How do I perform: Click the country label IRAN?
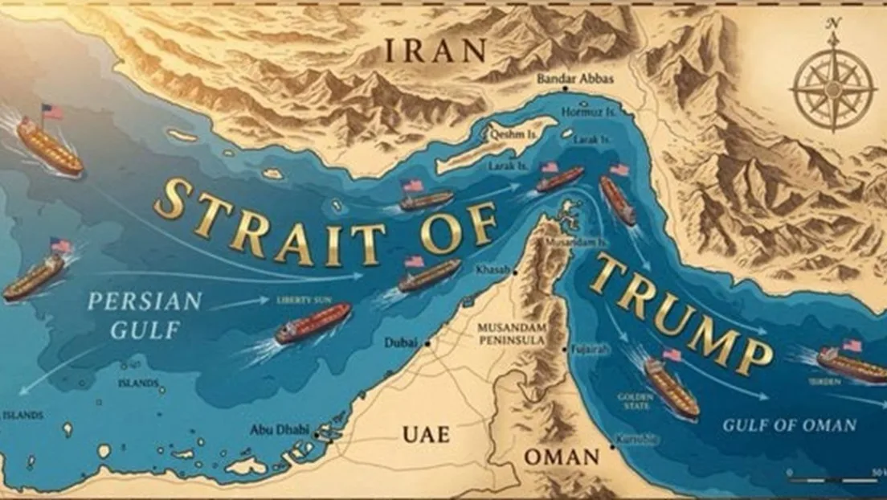435,51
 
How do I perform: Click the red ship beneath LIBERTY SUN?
313,322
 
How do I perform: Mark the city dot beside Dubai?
428,343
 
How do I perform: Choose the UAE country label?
426,435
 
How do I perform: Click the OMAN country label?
562,457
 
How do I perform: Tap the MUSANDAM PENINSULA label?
511,334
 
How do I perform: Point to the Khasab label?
493,270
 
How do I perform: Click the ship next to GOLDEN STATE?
671,387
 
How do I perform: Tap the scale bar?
836,476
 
